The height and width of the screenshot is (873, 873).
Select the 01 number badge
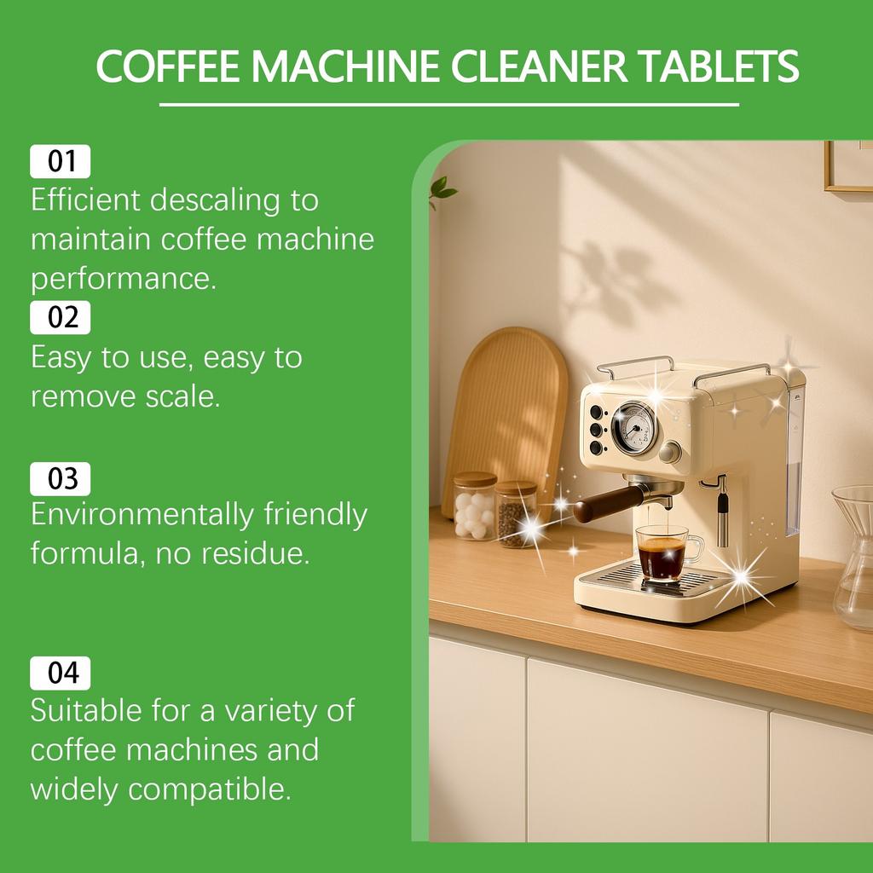point(61,161)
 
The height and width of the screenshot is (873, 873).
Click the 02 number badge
point(61,318)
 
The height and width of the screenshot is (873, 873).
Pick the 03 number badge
point(61,479)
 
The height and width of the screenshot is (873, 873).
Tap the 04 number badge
point(61,674)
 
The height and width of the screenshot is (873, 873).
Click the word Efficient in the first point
point(85,200)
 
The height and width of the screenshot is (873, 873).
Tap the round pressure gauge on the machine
point(634,428)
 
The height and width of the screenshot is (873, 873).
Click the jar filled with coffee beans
point(516,513)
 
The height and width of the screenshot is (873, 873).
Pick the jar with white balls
point(475,506)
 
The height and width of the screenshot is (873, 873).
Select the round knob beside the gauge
point(671,452)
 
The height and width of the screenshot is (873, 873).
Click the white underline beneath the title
point(448,105)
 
